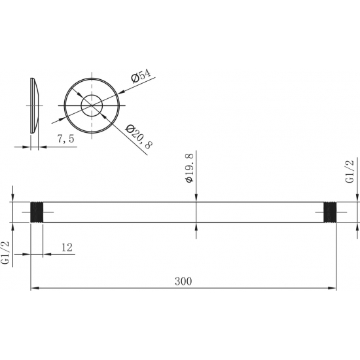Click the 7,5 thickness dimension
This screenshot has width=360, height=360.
65,139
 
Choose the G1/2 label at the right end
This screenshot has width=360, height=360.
350,171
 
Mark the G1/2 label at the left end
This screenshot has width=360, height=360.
6,253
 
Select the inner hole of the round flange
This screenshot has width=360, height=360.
91,105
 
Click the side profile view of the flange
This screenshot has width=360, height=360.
35,105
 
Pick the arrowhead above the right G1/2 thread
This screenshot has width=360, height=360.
357,198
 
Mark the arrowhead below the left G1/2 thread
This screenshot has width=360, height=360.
14,227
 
